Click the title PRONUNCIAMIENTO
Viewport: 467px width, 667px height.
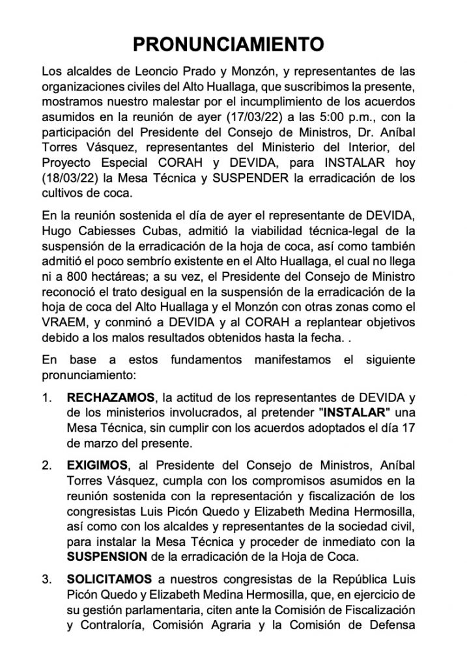coord(229,44)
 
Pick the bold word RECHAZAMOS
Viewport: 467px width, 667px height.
coord(106,398)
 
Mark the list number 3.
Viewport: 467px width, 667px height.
coord(46,578)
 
